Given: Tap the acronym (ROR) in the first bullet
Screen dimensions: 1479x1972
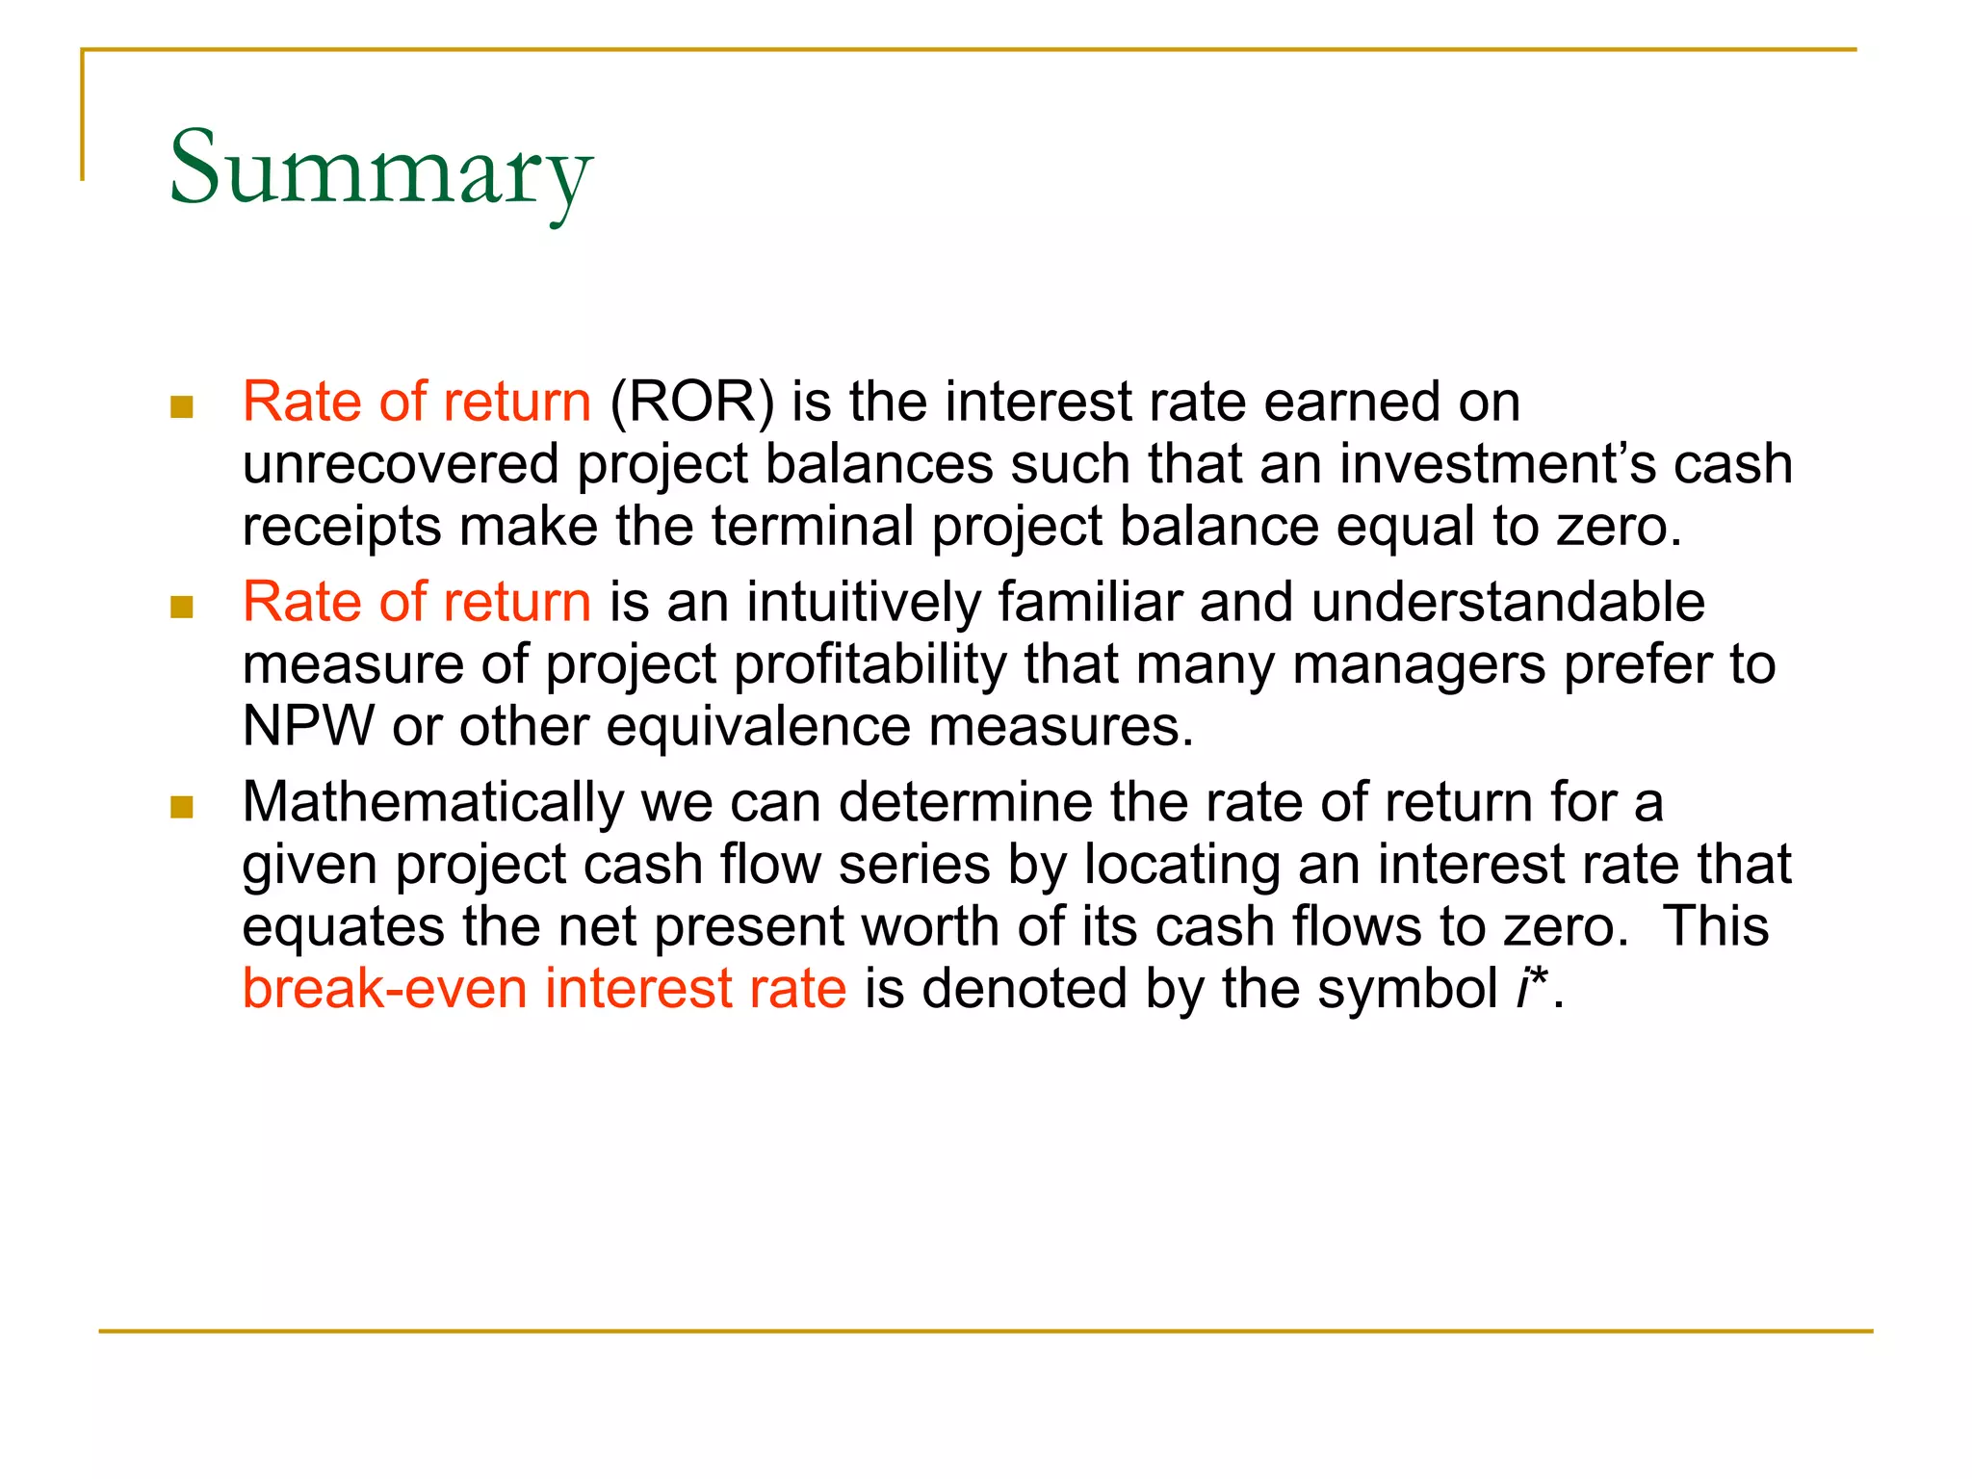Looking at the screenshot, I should pos(691,402).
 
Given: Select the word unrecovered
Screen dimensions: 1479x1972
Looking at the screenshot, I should pos(401,465).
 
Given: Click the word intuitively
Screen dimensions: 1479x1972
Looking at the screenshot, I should pos(863,603).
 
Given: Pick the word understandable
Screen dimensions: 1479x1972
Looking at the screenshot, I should pos(1507,603).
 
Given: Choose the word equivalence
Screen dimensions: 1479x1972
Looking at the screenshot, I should pos(758,726).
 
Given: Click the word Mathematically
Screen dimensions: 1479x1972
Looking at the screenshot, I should pos(433,802).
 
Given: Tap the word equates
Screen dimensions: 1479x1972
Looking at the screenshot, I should pos(343,927).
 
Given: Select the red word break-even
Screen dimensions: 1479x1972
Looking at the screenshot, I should pos(384,989).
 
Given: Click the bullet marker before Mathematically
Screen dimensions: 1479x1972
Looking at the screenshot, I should pos(182,806).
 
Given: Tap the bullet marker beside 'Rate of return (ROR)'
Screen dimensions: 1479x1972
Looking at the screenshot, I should pos(182,406).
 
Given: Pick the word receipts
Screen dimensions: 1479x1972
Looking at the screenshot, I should pos(342,528).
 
